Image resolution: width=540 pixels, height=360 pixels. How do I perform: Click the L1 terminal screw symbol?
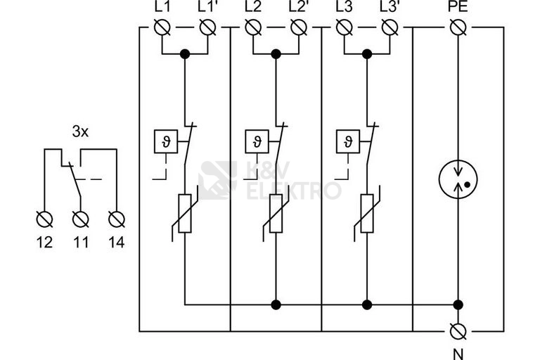pos(162,27)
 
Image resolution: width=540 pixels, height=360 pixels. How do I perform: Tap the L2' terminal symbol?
pos(299,27)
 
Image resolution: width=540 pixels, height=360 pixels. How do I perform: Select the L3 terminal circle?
pos(344,27)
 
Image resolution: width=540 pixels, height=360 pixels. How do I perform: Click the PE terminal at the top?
pos(458,27)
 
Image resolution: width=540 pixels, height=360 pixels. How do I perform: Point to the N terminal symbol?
pos(458,331)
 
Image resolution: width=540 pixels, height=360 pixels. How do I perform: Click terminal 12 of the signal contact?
pos(44,219)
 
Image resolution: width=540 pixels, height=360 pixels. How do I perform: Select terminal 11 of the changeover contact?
pos(81,219)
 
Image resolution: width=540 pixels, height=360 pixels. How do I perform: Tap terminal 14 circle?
pos(117,219)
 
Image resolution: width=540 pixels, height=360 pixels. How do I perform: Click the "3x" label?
pos(80,131)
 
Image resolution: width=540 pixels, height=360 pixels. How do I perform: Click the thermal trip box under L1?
pos(166,141)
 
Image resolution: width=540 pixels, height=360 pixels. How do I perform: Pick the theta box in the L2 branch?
pos(257,141)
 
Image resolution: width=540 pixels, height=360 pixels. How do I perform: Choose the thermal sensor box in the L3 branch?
pos(348,141)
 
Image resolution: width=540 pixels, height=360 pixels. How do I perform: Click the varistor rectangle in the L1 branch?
pos(185,214)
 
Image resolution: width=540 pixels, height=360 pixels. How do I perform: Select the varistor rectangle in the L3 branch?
pos(367,214)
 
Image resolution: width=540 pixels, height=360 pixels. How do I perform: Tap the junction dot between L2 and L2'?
pos(276,54)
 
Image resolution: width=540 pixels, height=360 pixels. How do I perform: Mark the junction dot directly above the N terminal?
pos(458,305)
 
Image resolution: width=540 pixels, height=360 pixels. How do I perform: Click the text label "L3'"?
pos(389,7)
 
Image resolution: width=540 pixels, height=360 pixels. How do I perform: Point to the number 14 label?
pos(117,243)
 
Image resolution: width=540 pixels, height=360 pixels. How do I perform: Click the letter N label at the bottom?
pos(458,354)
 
